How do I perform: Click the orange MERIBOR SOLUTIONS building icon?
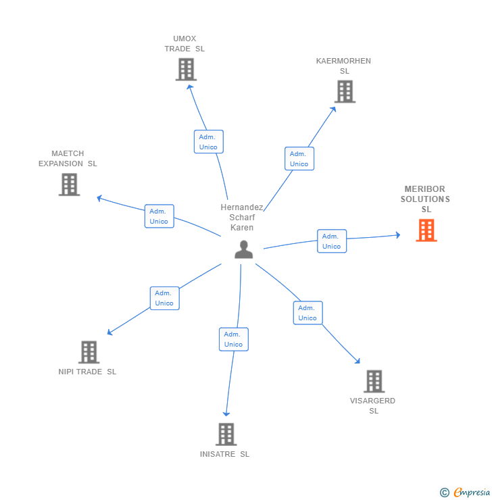click(x=426, y=230)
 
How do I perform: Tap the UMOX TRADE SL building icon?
click(x=186, y=70)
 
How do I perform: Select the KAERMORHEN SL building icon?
click(x=345, y=92)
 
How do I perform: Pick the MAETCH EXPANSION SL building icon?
click(x=69, y=184)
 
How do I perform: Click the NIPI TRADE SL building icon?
click(x=89, y=352)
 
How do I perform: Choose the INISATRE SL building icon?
click(x=226, y=434)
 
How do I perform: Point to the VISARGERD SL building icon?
click(x=374, y=381)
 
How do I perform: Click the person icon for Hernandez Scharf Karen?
click(x=243, y=249)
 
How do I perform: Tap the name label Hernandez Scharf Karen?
click(x=242, y=218)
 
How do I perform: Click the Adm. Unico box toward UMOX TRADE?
click(x=208, y=142)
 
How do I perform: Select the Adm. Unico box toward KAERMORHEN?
click(x=299, y=159)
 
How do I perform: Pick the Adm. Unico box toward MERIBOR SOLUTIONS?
click(x=331, y=241)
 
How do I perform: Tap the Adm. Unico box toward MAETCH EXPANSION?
click(x=159, y=216)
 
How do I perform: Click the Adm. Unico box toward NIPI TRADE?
click(x=164, y=298)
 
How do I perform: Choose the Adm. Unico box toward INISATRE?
click(x=233, y=339)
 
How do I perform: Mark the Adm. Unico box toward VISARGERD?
click(x=307, y=313)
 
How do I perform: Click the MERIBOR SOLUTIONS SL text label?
click(x=425, y=199)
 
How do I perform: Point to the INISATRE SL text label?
click(x=224, y=454)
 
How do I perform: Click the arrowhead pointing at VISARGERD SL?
click(x=358, y=361)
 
